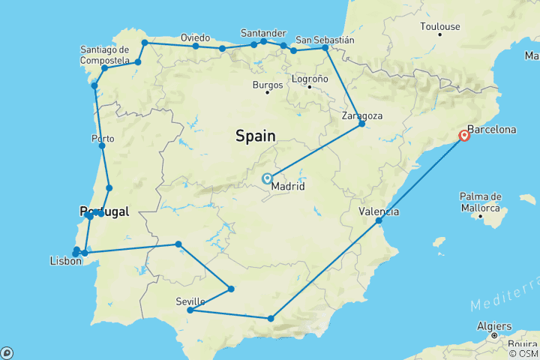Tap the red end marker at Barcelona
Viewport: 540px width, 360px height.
(x=465, y=136)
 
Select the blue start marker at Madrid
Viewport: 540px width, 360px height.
(x=267, y=178)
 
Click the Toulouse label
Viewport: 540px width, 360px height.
(x=439, y=26)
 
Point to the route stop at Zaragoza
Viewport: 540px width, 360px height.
(x=361, y=123)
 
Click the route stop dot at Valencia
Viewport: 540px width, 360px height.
(x=379, y=220)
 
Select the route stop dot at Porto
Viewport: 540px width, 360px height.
(x=102, y=145)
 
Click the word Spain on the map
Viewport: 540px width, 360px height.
(x=256, y=136)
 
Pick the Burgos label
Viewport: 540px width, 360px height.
(x=268, y=85)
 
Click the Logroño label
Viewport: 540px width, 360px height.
(x=309, y=79)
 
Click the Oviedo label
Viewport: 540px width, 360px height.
(x=196, y=37)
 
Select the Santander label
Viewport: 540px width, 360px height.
(x=263, y=33)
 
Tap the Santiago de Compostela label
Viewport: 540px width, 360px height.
(x=109, y=55)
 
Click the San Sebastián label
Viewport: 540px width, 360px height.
(x=325, y=39)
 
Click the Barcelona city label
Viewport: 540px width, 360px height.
(x=491, y=129)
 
